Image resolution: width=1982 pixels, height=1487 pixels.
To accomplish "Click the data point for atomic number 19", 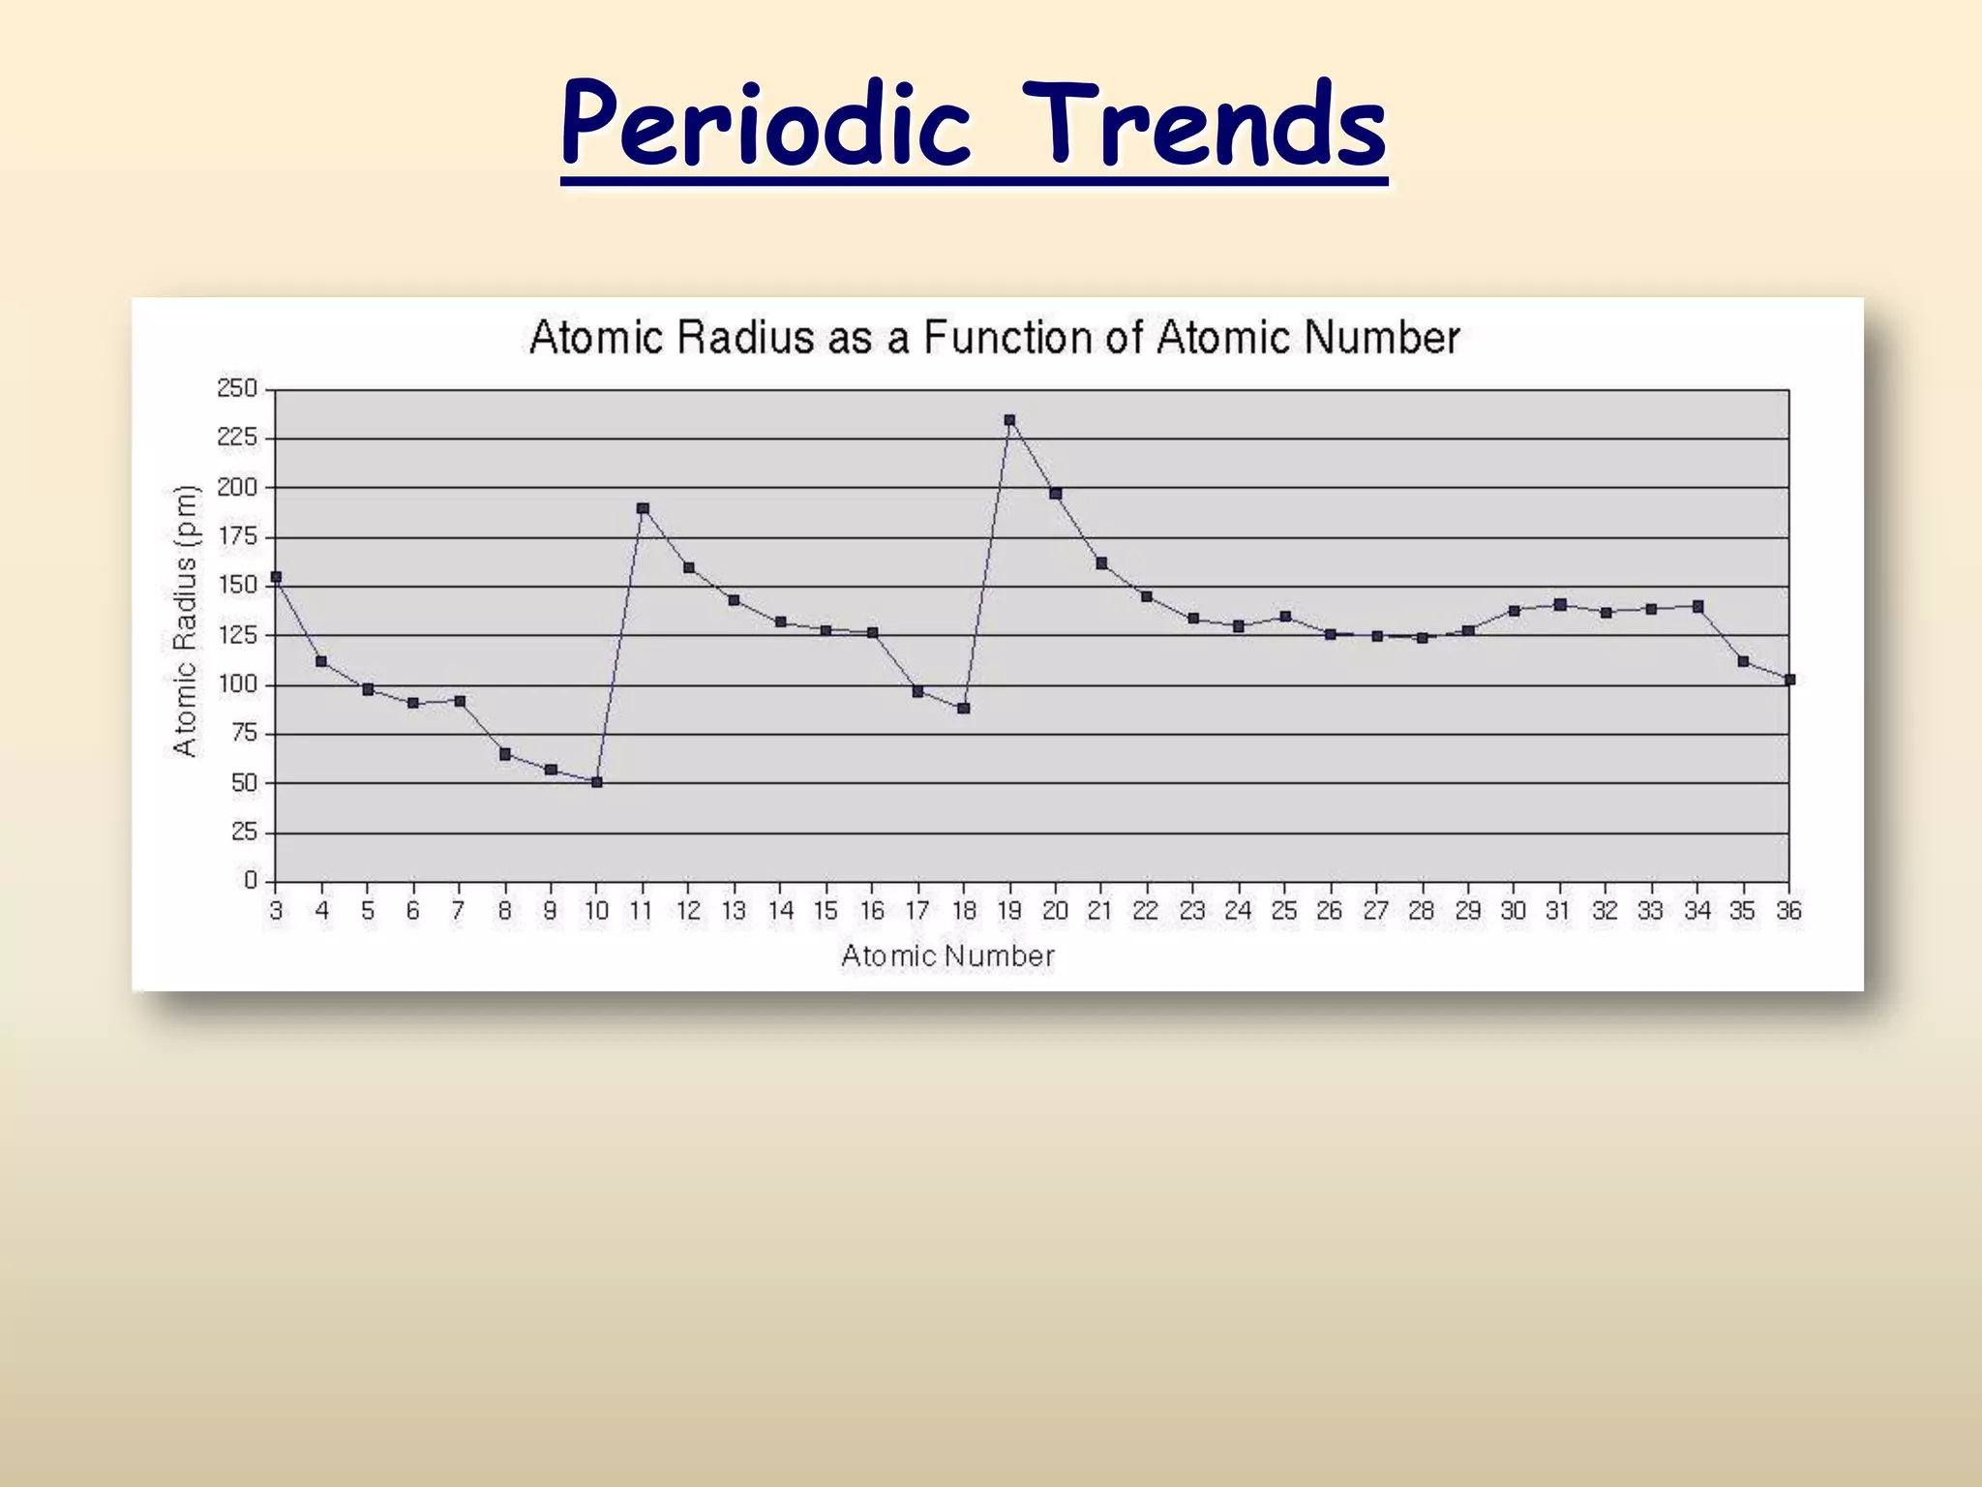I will [1009, 420].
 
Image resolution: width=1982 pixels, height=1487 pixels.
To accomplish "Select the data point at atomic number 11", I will [643, 508].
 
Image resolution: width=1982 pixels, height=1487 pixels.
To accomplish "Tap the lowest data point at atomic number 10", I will [596, 782].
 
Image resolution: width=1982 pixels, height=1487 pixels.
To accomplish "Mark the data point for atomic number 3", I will [276, 577].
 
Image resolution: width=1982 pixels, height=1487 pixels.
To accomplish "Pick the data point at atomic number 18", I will [963, 709].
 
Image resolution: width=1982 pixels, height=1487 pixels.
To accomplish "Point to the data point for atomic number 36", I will [1789, 680].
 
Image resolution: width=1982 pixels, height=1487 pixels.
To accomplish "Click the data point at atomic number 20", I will [1056, 494].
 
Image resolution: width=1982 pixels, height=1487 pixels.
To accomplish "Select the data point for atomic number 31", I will [1560, 604].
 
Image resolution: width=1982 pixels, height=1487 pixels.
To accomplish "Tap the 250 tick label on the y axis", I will [237, 389].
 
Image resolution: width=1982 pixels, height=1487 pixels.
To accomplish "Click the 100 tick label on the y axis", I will [237, 684].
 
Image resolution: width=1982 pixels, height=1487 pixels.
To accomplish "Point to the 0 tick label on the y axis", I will [251, 881].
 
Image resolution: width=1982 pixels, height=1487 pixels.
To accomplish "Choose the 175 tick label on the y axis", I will [237, 536].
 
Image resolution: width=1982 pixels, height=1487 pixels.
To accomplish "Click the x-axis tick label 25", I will [1284, 911].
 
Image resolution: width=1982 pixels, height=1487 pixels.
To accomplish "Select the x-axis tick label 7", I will [459, 911].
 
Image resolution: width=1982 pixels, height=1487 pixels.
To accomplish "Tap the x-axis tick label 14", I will [780, 911].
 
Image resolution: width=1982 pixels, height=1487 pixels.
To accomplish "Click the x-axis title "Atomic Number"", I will [947, 956].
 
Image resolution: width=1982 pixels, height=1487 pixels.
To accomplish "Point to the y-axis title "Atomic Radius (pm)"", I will [185, 621].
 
